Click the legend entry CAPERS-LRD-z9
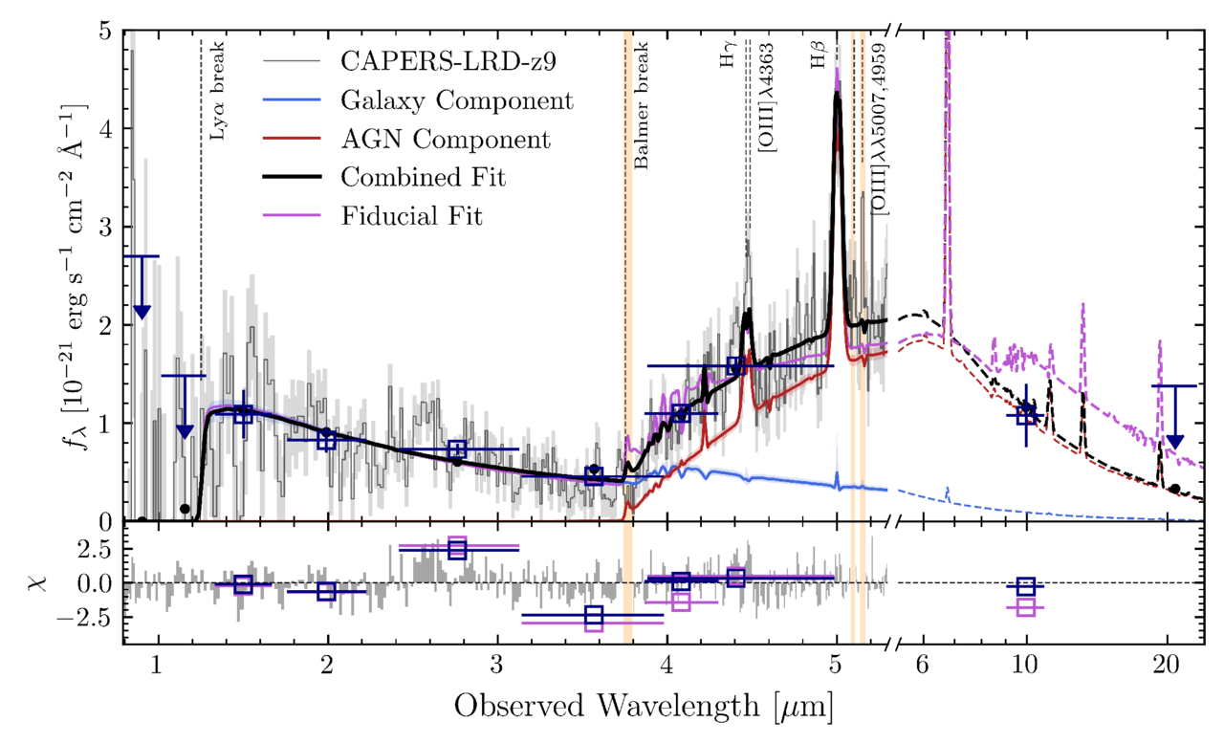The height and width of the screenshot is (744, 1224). (x=448, y=62)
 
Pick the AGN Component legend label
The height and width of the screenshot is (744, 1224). (x=446, y=140)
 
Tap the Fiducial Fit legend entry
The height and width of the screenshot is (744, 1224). (x=412, y=216)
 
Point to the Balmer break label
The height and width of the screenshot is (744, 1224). (x=642, y=105)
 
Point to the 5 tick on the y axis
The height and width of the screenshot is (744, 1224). (x=106, y=32)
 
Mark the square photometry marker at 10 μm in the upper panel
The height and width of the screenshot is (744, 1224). (x=1026, y=415)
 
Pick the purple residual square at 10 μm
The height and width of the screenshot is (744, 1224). (x=1026, y=606)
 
